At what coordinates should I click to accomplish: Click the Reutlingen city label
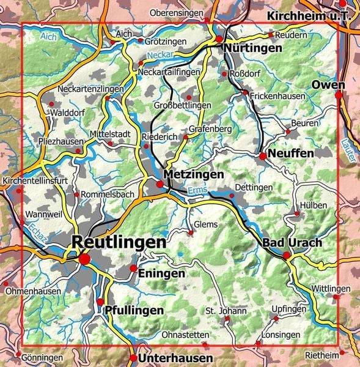pyautogui.click(x=119, y=242)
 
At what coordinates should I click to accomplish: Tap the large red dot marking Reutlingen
pyautogui.click(x=84, y=259)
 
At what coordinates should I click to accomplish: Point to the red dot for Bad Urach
pyautogui.click(x=287, y=255)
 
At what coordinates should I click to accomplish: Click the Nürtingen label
pyautogui.click(x=252, y=48)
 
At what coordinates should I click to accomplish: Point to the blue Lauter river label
pyautogui.click(x=353, y=150)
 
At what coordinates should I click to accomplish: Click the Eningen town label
pyautogui.click(x=161, y=273)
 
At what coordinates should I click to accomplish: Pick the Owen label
pyautogui.click(x=328, y=84)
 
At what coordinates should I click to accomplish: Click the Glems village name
pyautogui.click(x=205, y=224)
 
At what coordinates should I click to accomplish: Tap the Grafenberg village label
pyautogui.click(x=211, y=130)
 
